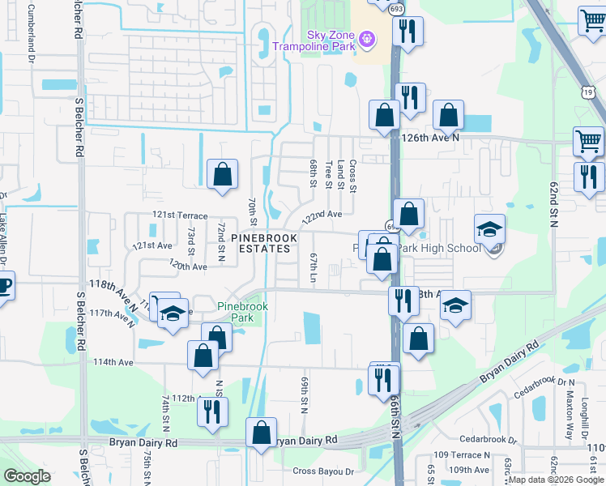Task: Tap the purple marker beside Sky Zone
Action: point(366,37)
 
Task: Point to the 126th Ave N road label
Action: point(431,137)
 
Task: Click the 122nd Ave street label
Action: point(322,215)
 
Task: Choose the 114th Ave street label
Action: point(113,362)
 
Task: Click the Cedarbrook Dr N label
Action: point(548,382)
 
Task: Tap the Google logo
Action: point(27,475)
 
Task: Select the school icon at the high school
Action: point(489,230)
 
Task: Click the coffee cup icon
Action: point(3,287)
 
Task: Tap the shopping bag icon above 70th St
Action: point(222,174)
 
